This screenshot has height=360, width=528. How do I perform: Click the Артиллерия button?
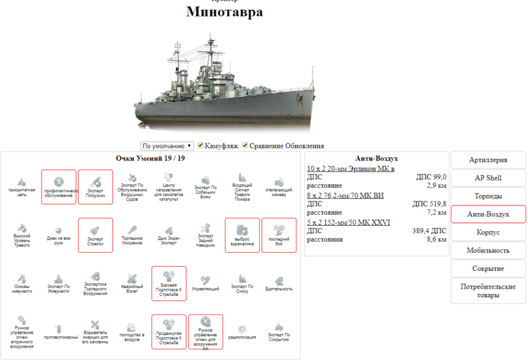(488, 160)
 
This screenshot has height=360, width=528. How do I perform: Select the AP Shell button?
(488, 178)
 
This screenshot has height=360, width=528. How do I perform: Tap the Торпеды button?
(488, 196)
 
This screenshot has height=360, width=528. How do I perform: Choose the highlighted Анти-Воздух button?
(488, 214)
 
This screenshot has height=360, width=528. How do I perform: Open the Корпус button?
(488, 233)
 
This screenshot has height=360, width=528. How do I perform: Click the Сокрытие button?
(488, 268)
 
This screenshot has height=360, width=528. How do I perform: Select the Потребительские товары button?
(488, 291)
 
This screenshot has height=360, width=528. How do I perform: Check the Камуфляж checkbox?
(201, 145)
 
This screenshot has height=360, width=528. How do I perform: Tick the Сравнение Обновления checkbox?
(246, 145)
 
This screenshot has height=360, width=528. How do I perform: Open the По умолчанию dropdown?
(167, 145)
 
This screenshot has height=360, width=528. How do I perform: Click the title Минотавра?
(224, 12)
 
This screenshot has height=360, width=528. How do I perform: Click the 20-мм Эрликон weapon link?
(350, 169)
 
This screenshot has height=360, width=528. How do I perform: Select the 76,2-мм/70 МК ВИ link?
(345, 196)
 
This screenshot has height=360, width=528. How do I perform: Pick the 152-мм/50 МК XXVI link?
(348, 222)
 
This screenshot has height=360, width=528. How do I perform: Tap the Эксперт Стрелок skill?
(96, 234)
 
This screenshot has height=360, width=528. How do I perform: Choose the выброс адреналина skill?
(242, 234)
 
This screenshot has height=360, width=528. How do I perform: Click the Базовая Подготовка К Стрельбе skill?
(168, 283)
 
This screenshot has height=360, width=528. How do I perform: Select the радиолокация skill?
(242, 331)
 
